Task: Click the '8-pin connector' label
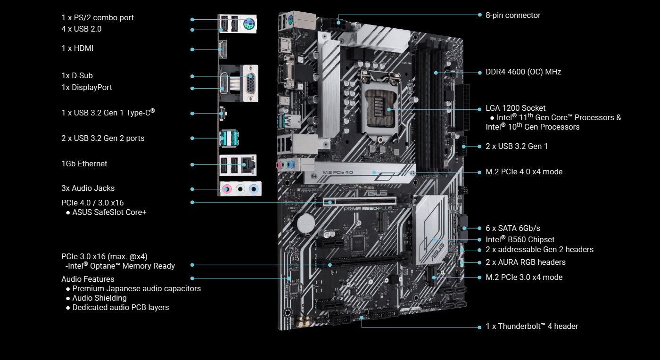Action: coord(513,16)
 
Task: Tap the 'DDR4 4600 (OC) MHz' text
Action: coord(523,72)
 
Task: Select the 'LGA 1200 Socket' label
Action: coord(515,108)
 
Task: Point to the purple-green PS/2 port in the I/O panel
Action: coord(249,23)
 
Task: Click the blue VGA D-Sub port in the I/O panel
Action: coord(251,83)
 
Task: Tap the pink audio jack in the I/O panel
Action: coord(226,188)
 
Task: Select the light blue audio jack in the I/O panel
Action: coord(254,188)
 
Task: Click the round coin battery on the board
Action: coord(305,222)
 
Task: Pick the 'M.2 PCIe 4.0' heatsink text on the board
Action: coord(338,172)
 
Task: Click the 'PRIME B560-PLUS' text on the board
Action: coord(368,209)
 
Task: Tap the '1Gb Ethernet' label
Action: coord(84,164)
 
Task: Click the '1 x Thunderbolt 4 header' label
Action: coord(532,327)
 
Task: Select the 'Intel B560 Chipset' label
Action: coord(520,239)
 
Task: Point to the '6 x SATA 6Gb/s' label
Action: coord(513,229)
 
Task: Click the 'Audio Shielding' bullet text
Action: coord(99,298)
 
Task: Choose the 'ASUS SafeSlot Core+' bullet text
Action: coord(109,213)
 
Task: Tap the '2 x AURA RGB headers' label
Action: coord(526,262)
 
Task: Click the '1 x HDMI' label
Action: coord(77,49)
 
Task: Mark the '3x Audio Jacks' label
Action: coord(88,188)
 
